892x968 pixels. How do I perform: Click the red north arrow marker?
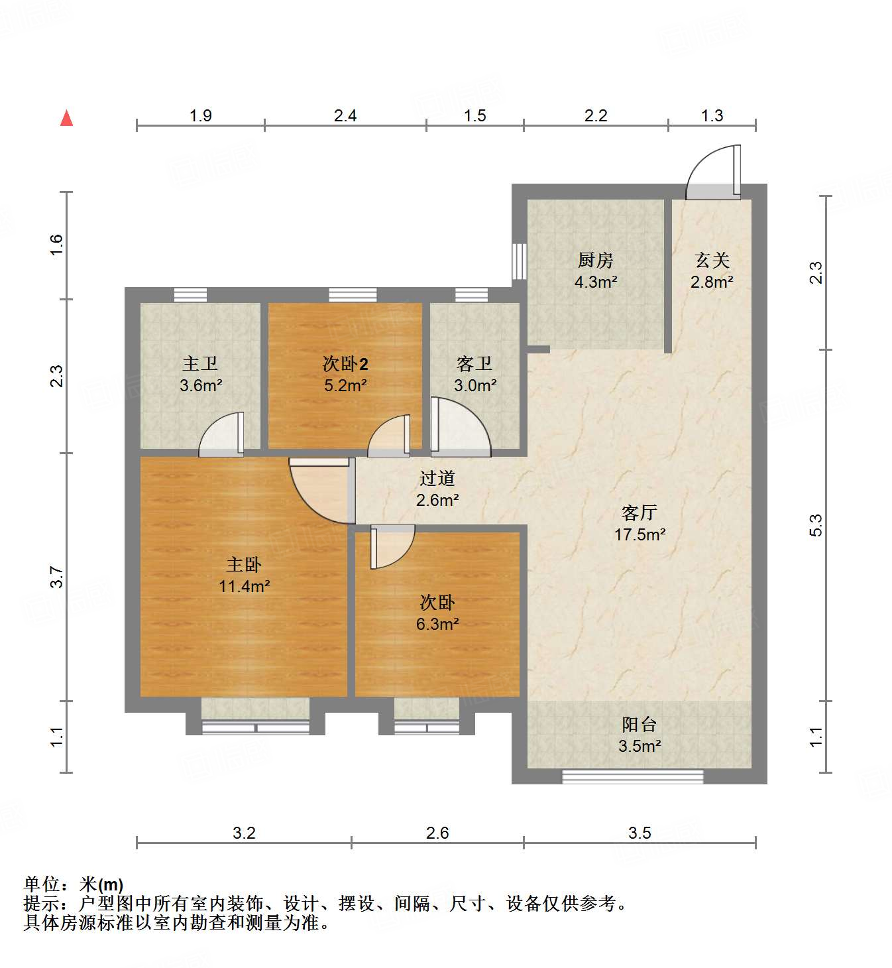pos(67,118)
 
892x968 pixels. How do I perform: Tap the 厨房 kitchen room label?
pos(595,260)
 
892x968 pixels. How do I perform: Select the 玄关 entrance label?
pos(712,260)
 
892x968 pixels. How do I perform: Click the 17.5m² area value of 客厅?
pos(640,534)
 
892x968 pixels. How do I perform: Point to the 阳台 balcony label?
pos(639,724)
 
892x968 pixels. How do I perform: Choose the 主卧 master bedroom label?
pos(244,564)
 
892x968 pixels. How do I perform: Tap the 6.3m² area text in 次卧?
pos(437,624)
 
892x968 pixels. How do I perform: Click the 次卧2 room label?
pos(345,363)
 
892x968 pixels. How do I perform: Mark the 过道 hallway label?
pos(437,478)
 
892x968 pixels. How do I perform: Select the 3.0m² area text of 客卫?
pos(475,385)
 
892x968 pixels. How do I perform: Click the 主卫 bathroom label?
pos(200,363)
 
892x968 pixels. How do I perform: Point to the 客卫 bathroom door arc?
pos(460,428)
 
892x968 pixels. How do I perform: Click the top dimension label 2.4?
pos(345,116)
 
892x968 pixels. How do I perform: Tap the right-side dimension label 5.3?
pos(816,525)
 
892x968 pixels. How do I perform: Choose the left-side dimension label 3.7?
pos(57,577)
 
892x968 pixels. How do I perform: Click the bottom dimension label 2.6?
pos(437,833)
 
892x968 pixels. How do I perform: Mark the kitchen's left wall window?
pos(520,261)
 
